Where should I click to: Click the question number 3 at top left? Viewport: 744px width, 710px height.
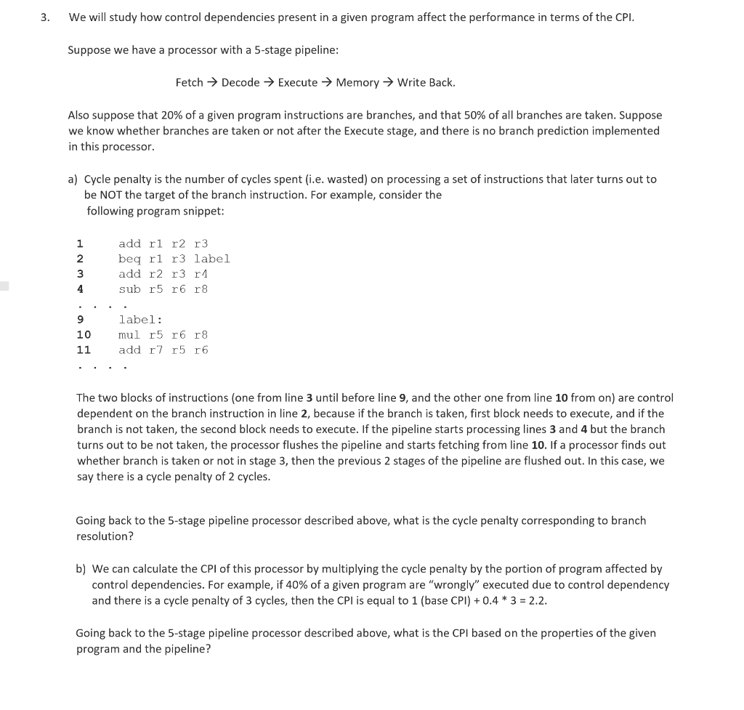click(44, 17)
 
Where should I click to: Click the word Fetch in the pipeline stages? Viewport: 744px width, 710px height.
click(189, 83)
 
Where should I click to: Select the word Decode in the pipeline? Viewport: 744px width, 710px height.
click(240, 83)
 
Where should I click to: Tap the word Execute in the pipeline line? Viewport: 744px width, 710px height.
click(298, 83)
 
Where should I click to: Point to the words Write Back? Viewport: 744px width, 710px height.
click(426, 83)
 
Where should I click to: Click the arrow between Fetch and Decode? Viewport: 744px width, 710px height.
click(212, 83)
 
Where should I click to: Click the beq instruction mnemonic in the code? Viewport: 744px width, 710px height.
click(130, 259)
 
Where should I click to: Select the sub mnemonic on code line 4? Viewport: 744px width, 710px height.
click(130, 289)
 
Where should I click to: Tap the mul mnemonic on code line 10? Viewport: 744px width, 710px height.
click(130, 335)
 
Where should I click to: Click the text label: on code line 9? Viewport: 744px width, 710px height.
click(141, 320)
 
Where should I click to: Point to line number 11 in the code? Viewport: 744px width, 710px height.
click(84, 350)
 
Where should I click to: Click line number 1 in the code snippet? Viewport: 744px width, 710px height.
click(80, 244)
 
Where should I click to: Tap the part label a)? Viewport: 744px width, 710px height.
click(73, 179)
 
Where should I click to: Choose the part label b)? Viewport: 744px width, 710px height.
click(81, 569)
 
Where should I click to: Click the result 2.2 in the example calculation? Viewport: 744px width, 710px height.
click(538, 601)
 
